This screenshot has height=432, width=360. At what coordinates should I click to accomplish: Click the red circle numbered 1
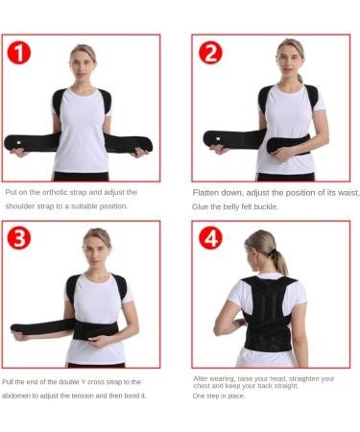[x=19, y=53]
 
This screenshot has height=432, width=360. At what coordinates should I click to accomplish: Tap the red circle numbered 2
[x=210, y=53]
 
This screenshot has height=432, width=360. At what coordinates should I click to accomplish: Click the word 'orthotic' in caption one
[x=58, y=192]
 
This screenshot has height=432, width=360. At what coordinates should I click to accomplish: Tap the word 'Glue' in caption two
[x=202, y=205]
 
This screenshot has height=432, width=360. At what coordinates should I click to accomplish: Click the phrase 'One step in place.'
[x=219, y=396]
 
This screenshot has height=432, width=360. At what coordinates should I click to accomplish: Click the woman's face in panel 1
[x=83, y=60]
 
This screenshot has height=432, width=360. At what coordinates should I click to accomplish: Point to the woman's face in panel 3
[x=96, y=242]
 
